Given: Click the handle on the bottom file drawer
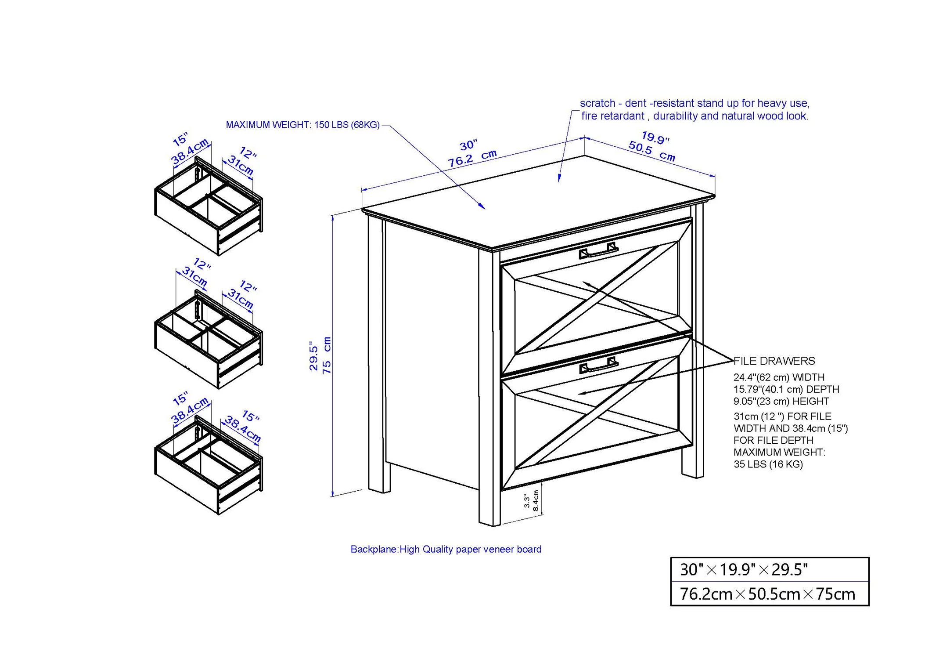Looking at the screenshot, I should [599, 366].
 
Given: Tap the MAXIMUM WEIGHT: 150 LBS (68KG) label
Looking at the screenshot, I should [302, 125].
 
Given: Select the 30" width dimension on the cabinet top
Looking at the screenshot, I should [468, 145].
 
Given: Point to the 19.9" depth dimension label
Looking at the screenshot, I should [655, 138].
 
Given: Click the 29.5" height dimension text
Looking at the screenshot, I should [313, 356].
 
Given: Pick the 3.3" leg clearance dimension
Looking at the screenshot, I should [526, 501].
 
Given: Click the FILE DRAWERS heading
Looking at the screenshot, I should [774, 361].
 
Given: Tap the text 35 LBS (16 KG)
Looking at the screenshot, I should [768, 464].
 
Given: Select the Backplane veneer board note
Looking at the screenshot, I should [446, 549].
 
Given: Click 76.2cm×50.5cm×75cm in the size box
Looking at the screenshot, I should [767, 594].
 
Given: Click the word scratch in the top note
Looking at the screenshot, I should [597, 103].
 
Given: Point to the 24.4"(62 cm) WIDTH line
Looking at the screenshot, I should [779, 377].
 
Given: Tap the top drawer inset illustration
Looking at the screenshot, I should [209, 206].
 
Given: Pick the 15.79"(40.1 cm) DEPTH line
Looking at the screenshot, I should [786, 389].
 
